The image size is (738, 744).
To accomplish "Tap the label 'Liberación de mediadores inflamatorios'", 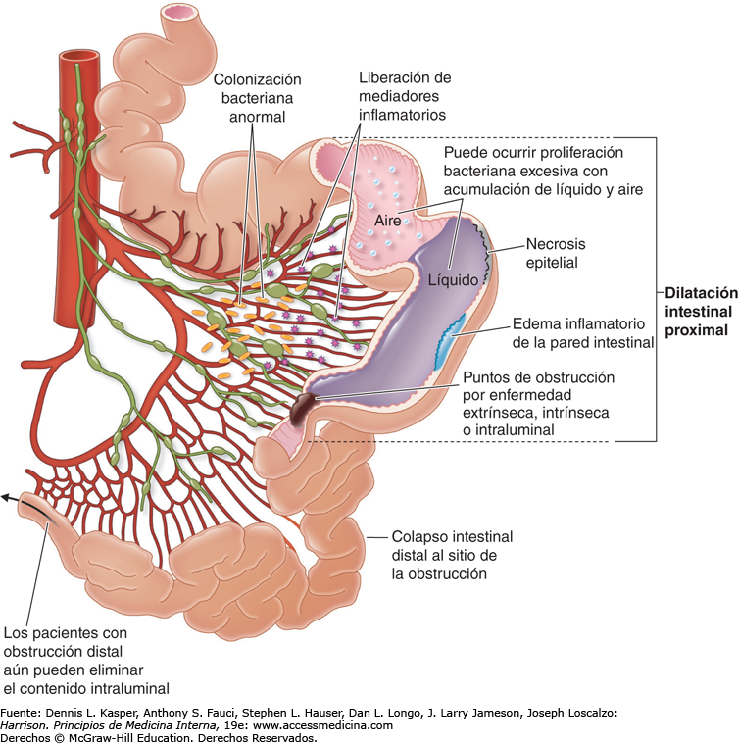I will tap(402, 96).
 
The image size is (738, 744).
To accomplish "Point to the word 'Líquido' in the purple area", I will tap(453, 279).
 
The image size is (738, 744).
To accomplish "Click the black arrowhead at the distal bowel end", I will tap(7, 498).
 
